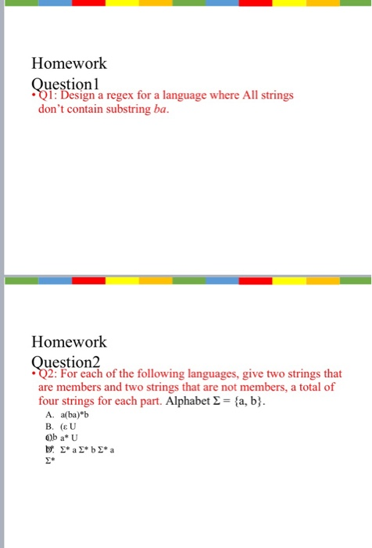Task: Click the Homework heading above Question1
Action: coord(69,63)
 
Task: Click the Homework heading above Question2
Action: coord(69,342)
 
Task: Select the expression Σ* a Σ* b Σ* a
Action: coord(88,450)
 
